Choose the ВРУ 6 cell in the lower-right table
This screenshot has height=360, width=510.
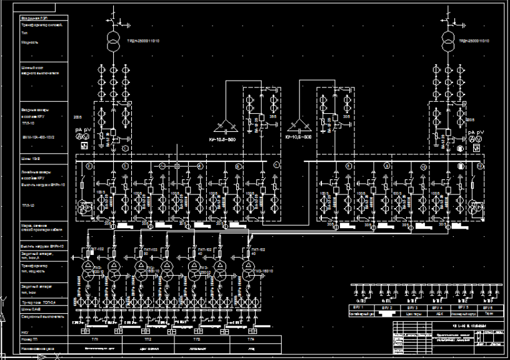487,309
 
